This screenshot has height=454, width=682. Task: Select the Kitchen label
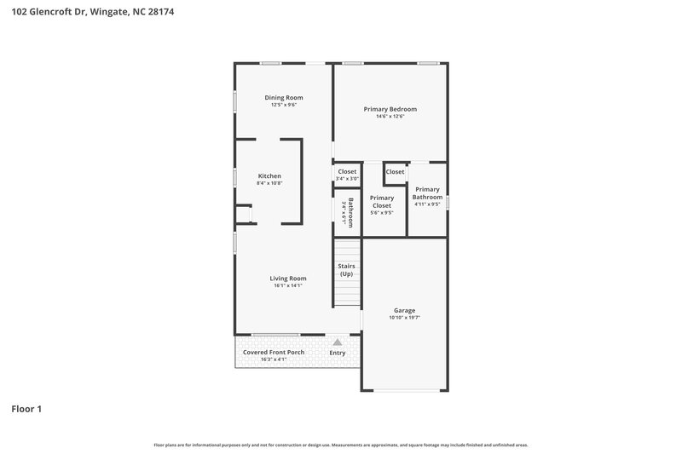(x=269, y=176)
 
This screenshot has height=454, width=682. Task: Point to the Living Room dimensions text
(x=288, y=286)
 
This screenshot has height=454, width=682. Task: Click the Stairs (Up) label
(x=346, y=270)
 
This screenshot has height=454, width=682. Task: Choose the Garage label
(x=404, y=310)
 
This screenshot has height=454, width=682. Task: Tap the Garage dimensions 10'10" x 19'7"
(x=404, y=318)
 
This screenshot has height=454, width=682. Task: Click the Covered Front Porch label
(x=274, y=352)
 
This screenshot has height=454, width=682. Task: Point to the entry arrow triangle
(x=338, y=342)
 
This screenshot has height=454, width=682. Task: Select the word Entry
(x=338, y=353)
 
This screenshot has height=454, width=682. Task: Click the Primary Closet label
(x=382, y=201)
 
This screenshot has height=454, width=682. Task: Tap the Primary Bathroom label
(x=427, y=193)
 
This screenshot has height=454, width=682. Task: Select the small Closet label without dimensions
(x=395, y=172)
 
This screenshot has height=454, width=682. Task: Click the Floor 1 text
(x=26, y=409)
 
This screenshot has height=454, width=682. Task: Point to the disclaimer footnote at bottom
(x=341, y=445)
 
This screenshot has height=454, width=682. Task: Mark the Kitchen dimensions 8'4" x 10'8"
(x=269, y=183)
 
